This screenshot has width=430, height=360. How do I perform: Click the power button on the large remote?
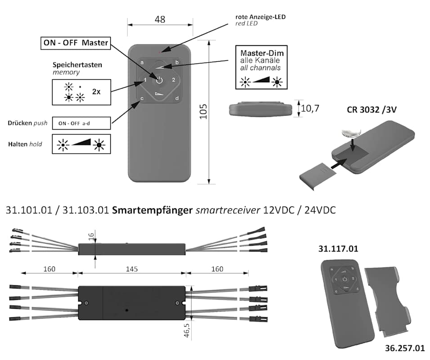click(159, 81)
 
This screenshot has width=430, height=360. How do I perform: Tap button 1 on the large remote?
click(145, 81)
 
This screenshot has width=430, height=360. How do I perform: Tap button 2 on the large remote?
click(173, 81)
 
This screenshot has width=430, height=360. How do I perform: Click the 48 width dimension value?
click(160, 19)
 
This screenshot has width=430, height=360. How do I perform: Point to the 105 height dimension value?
click(203, 111)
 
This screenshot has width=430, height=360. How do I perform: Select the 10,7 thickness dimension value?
click(310, 108)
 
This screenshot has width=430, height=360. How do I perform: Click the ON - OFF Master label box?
click(75, 43)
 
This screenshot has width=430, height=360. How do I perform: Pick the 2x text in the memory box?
click(96, 91)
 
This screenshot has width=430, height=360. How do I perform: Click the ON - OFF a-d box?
click(81, 122)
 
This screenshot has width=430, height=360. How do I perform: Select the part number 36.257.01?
click(405, 348)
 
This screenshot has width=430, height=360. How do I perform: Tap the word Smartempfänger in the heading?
click(152, 210)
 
